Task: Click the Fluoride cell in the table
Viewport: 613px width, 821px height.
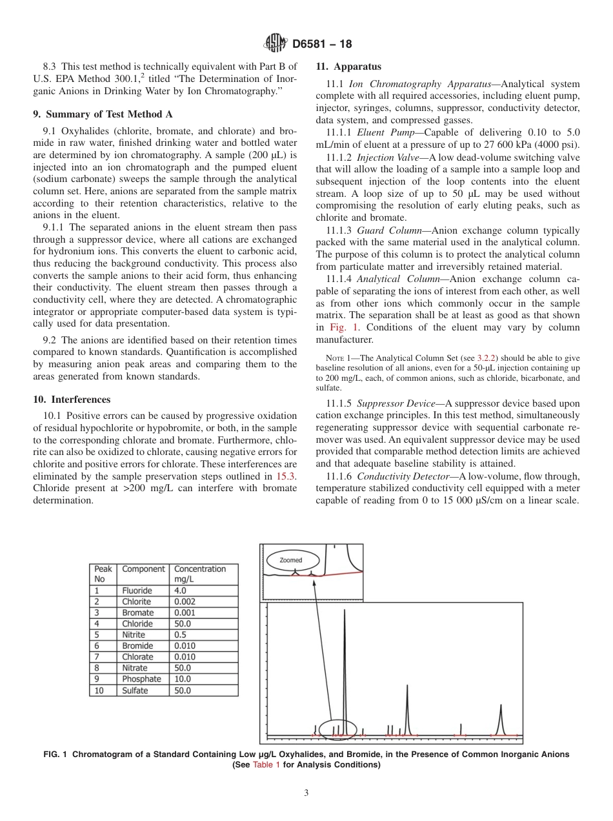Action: (137, 591)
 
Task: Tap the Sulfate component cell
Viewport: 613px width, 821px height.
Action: (135, 691)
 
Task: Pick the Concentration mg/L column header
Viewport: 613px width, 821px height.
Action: (200, 574)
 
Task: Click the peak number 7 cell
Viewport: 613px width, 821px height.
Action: (97, 657)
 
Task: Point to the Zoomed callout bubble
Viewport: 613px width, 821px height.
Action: (290, 560)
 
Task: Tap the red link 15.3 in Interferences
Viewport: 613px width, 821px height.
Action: (286, 476)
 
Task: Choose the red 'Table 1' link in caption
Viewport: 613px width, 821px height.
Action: (266, 765)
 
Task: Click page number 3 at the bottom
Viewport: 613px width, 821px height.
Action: (306, 793)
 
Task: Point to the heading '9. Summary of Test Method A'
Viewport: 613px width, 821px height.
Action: (103, 114)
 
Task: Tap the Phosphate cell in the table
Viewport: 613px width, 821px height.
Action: (141, 679)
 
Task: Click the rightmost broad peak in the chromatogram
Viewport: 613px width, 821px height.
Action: (501, 720)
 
